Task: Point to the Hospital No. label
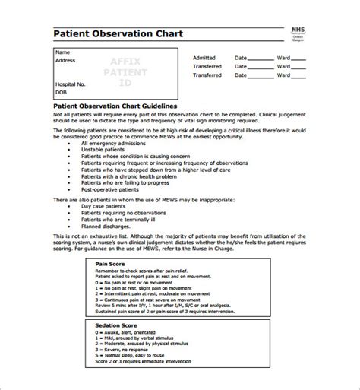click(x=71, y=84)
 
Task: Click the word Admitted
click(x=204, y=58)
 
